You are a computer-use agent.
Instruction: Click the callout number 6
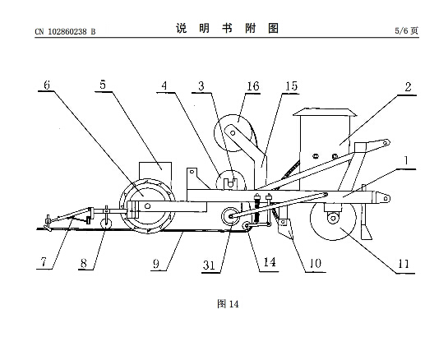tap(47, 85)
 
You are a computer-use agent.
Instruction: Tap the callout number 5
tap(103, 85)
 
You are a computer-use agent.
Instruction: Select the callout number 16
tap(253, 86)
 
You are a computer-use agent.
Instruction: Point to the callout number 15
tap(292, 86)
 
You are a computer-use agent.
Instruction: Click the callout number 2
tap(408, 87)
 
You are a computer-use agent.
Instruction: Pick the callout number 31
tap(209, 265)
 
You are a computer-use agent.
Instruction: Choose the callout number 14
tap(270, 262)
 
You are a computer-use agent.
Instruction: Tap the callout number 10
tap(316, 263)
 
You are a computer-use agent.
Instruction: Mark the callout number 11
tap(404, 264)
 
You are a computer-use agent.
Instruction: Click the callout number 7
tap(44, 261)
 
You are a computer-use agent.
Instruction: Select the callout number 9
tap(156, 264)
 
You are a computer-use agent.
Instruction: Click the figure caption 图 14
tap(228, 304)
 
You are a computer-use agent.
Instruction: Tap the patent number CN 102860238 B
tap(65, 31)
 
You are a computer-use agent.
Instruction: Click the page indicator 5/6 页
tap(407, 30)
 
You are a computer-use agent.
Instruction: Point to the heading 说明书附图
tap(227, 28)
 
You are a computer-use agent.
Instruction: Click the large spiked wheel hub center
tap(147, 205)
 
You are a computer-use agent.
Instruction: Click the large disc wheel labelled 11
tap(333, 218)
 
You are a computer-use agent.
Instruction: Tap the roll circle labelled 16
tap(233, 133)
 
